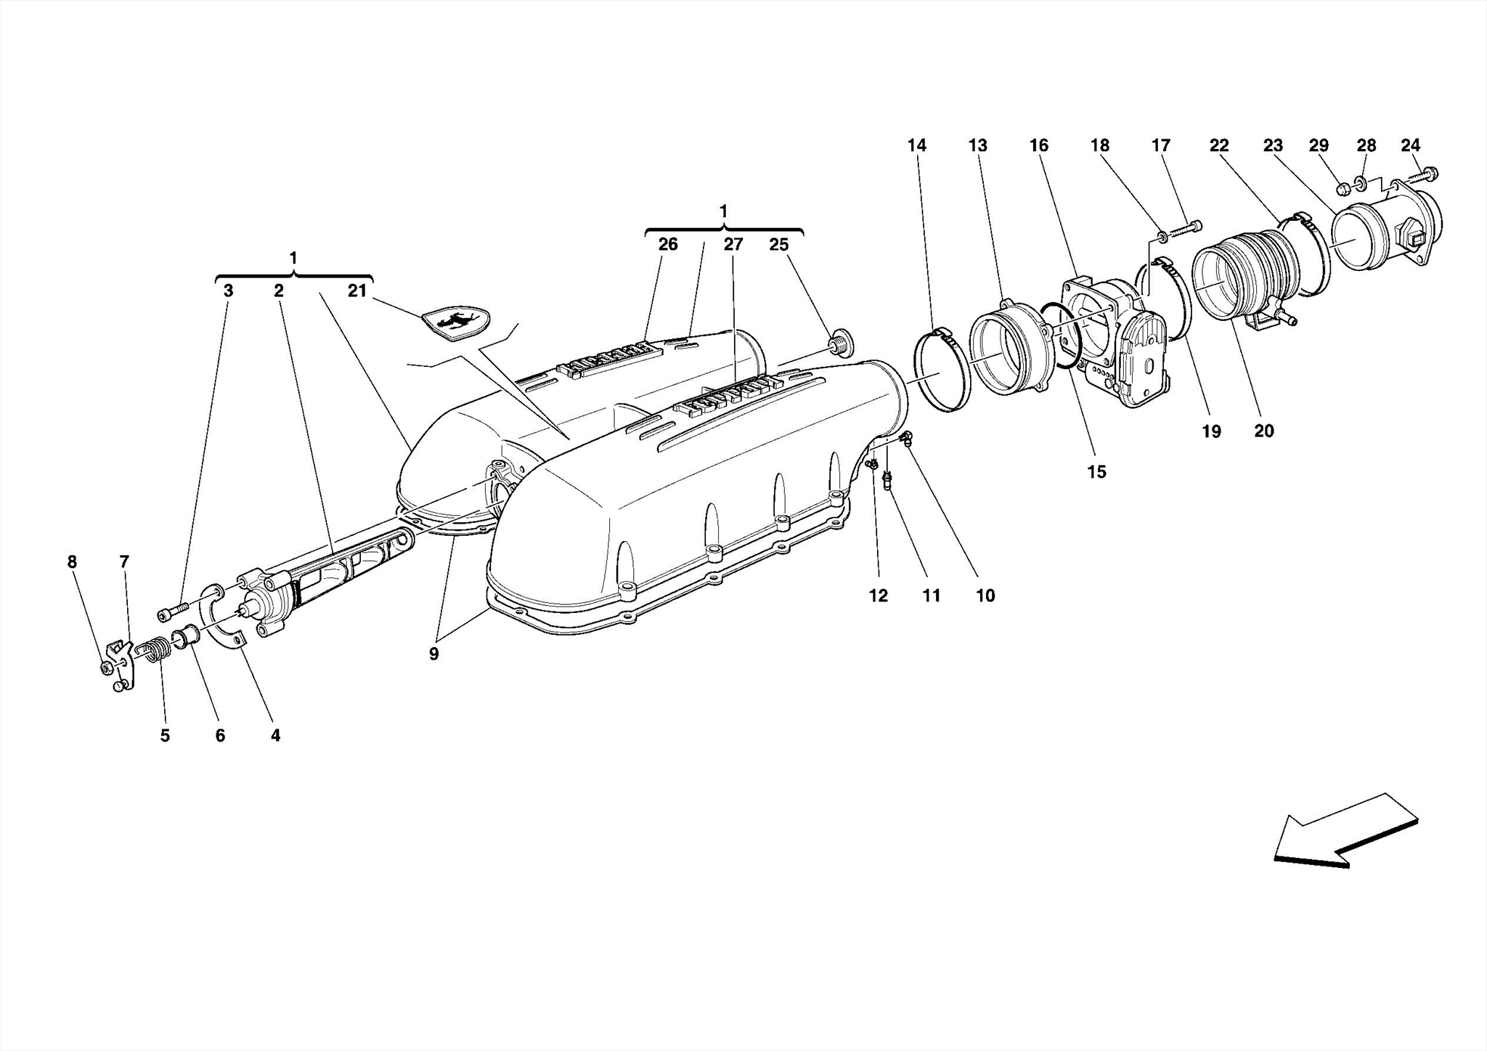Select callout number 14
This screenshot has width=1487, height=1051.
point(916,145)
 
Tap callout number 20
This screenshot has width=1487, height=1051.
point(1263,431)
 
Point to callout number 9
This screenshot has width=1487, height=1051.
point(433,654)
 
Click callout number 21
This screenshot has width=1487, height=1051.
point(357,291)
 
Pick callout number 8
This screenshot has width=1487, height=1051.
point(71,561)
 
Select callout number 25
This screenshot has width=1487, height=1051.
point(778,244)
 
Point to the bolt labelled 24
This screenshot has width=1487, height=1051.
point(1424,175)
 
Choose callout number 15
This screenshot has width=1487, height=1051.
point(1096,471)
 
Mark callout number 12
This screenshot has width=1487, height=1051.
point(878,596)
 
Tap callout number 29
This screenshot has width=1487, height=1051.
point(1319,145)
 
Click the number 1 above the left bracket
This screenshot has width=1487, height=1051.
point(293,257)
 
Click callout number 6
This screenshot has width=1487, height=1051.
point(220,735)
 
